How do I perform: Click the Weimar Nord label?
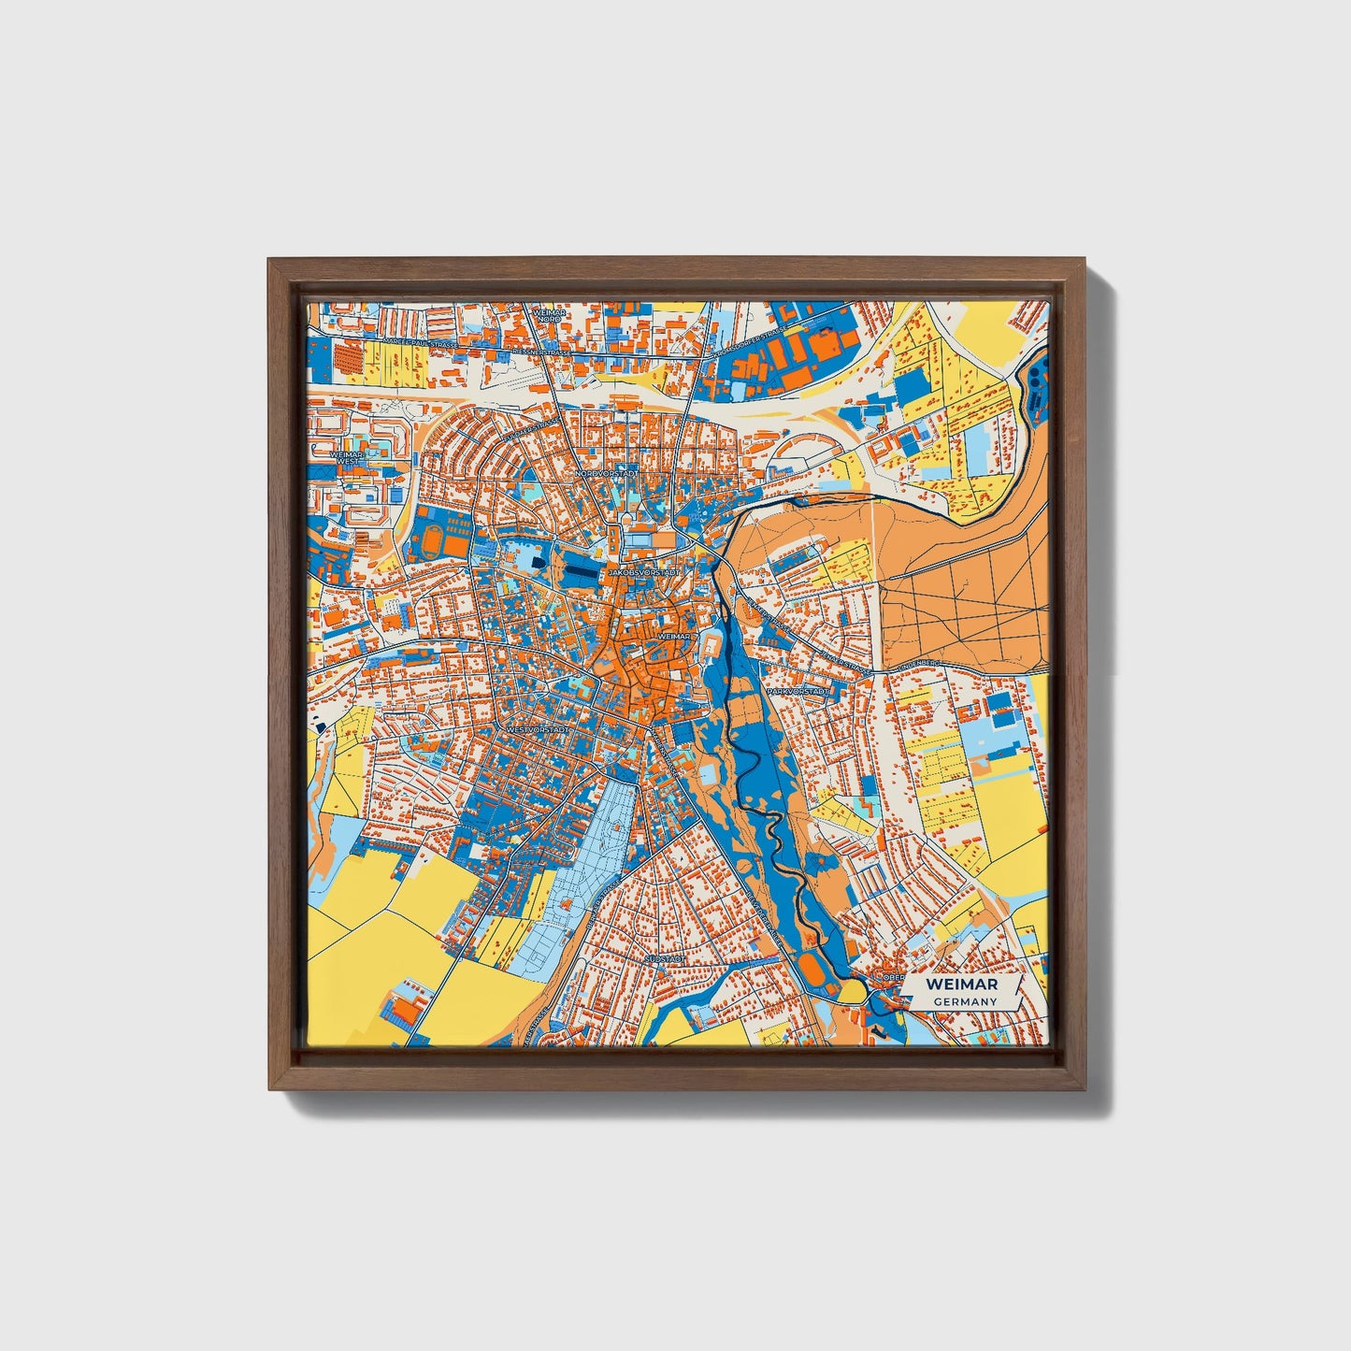click(549, 315)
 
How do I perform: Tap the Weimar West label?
click(346, 457)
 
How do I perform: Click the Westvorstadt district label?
click(537, 728)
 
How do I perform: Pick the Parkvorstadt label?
click(798, 691)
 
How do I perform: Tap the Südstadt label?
click(666, 959)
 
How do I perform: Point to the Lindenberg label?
click(920, 663)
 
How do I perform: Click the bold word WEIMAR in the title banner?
click(961, 985)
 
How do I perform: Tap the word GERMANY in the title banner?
click(963, 1001)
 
